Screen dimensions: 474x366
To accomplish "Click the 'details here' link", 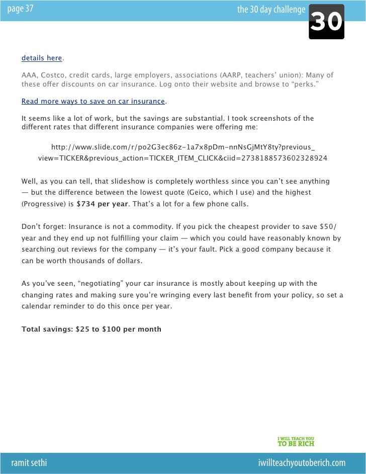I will click(42, 58).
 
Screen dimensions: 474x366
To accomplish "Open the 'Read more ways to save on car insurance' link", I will click(93, 102).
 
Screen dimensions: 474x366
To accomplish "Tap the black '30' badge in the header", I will click(327, 22).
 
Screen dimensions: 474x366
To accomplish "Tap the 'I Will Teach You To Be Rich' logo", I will click(296, 440).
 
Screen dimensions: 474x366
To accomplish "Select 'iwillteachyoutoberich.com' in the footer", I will click(301, 462).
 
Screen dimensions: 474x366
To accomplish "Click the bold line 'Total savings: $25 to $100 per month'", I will click(91, 330).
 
